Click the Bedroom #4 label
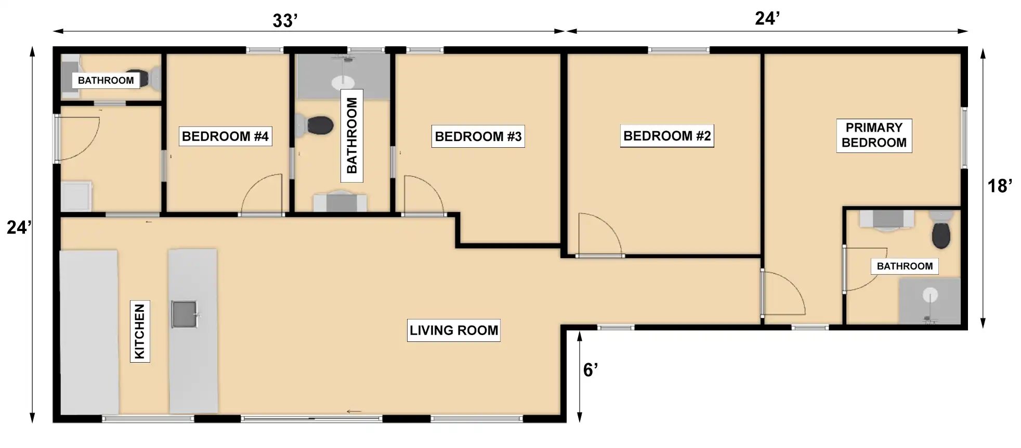pyautogui.click(x=225, y=136)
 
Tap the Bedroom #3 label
pyautogui.click(x=478, y=136)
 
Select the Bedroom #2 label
pyautogui.click(x=667, y=136)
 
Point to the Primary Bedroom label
pyautogui.click(x=874, y=135)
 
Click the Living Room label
pyautogui.click(x=453, y=330)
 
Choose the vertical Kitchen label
pyautogui.click(x=140, y=331)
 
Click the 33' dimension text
pyautogui.click(x=285, y=21)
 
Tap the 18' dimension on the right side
pyautogui.click(x=999, y=186)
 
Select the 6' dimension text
pyautogui.click(x=590, y=370)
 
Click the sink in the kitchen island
pyautogui.click(x=185, y=314)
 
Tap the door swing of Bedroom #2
pyautogui.click(x=608, y=224)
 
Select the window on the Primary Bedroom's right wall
pyautogui.click(x=964, y=138)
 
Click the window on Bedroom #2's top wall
pyautogui.click(x=678, y=50)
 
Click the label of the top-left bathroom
pyautogui.click(x=106, y=80)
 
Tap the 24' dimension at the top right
pyautogui.click(x=767, y=19)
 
